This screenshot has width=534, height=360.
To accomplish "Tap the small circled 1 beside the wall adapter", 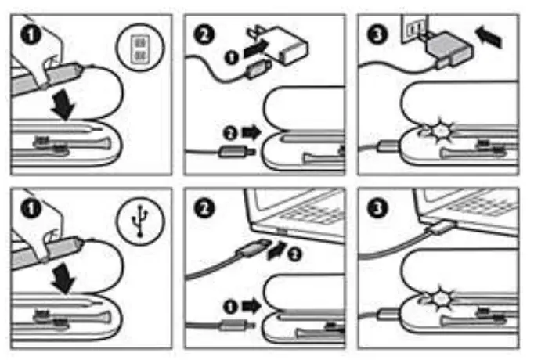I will [229, 56].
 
